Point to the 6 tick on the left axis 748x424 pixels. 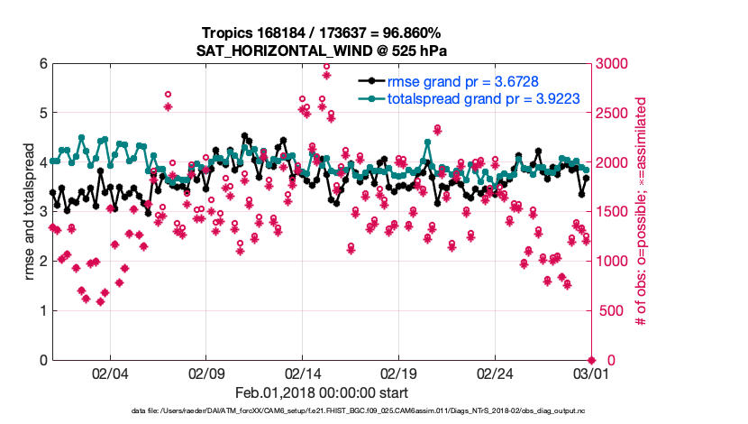click(x=42, y=64)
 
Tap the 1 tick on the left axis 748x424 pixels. click(x=42, y=311)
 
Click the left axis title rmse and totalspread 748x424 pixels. click(x=28, y=212)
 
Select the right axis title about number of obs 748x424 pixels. click(x=643, y=212)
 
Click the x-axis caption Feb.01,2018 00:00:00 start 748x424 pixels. click(x=322, y=393)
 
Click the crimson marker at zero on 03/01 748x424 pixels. click(x=591, y=360)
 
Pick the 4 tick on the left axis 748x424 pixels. click(x=42, y=162)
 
